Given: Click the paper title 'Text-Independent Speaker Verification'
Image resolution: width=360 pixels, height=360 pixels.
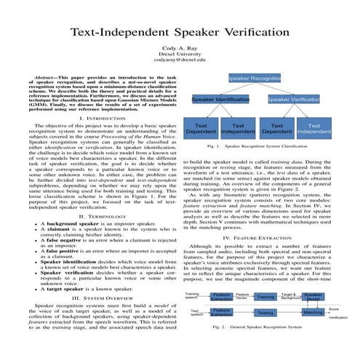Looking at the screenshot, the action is point(180,33).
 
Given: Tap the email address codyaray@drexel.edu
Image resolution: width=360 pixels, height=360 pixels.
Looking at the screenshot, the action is point(180,60).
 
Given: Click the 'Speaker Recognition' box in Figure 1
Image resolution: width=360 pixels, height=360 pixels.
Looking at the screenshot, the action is point(255,76).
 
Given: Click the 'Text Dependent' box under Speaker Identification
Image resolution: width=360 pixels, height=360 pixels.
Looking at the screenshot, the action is point(201,129).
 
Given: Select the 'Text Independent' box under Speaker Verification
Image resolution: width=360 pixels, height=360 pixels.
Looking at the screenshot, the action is point(314,129).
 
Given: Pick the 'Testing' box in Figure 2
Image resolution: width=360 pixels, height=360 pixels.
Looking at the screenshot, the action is point(265,313).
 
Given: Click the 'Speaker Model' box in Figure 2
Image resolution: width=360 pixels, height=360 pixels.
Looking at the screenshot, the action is point(313,297).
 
